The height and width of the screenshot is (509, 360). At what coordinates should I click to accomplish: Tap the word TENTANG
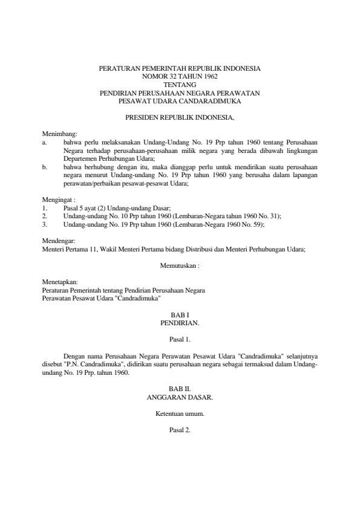click(180, 85)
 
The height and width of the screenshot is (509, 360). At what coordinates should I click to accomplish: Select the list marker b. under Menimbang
click(45, 164)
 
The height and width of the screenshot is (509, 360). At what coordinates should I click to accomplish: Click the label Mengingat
click(55, 199)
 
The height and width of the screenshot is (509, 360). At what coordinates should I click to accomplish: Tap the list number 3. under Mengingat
click(45, 222)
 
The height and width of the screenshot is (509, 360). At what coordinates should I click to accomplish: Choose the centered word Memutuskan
click(178, 265)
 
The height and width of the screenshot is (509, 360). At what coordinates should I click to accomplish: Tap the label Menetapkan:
click(57, 281)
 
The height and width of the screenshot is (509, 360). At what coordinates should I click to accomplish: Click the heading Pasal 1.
click(180, 340)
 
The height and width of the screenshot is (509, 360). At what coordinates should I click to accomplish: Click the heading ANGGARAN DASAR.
click(180, 399)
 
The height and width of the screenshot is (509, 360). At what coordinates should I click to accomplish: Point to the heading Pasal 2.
click(180, 430)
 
